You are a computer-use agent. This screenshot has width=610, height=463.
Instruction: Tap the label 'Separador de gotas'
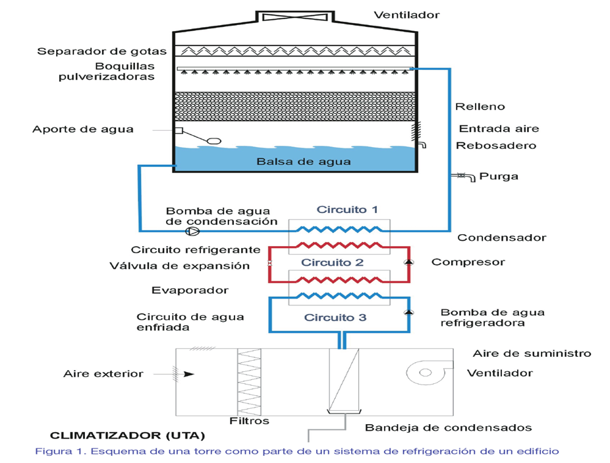tap(102, 51)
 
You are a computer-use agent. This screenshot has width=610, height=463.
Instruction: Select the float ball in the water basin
tap(215, 140)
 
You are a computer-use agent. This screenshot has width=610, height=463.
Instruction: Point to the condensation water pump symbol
tap(192, 231)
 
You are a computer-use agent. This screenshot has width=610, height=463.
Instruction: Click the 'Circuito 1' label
tap(347, 210)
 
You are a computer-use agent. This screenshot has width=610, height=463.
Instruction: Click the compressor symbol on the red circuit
tap(409, 262)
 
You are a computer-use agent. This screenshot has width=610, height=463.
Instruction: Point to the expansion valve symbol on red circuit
tap(269, 264)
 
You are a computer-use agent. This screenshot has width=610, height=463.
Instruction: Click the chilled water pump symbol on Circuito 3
tap(409, 312)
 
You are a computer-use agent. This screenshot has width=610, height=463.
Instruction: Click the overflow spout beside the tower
tap(422, 144)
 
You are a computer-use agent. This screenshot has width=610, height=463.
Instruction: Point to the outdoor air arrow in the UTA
tap(188, 374)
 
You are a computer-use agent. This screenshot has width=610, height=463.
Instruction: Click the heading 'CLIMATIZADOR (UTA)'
tap(128, 435)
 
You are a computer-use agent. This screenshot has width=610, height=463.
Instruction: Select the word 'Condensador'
tap(501, 237)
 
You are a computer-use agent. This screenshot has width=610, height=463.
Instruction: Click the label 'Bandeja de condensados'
tap(449, 427)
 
